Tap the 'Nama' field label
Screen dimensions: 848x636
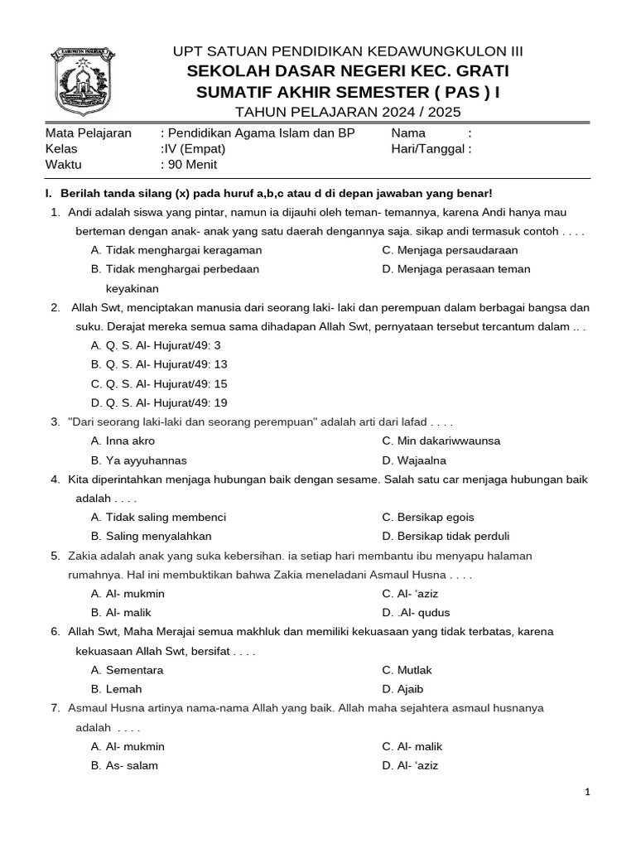[x=408, y=133]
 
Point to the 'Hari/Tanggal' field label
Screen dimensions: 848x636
[x=431, y=149]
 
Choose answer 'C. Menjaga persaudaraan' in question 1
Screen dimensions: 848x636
[x=450, y=250]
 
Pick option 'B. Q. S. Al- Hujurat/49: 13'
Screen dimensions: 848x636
[x=159, y=364]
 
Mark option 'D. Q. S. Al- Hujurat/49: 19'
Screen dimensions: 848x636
[x=159, y=402]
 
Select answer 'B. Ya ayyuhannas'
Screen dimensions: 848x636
[x=139, y=460]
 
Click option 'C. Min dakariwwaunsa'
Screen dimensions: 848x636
[x=441, y=441]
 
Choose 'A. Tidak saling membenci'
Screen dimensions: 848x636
[x=158, y=518]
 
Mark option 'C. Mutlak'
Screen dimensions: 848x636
[x=407, y=670]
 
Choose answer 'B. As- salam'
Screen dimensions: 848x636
[x=124, y=765]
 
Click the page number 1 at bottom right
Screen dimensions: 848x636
[x=587, y=793]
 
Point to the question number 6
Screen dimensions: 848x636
[x=55, y=632]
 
